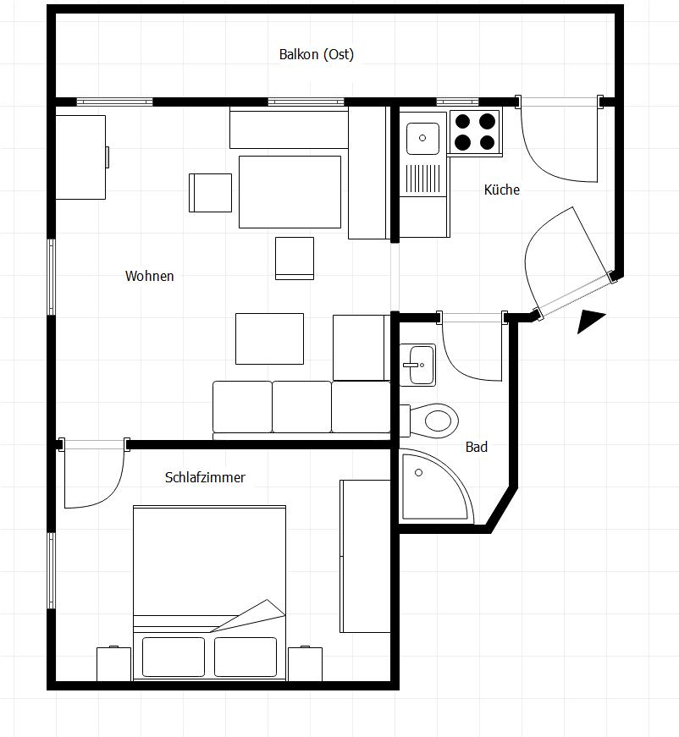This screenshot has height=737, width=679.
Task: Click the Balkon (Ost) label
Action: coord(317,54)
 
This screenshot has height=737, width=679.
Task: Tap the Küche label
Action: coord(502,190)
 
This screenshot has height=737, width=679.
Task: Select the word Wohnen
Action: coord(150,276)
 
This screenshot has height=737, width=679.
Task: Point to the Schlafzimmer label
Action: coord(205,477)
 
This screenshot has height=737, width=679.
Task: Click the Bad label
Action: coord(477,447)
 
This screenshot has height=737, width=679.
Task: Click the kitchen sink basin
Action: coord(422,138)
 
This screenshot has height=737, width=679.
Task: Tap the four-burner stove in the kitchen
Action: coord(476,132)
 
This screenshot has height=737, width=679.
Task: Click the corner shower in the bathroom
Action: coord(436,486)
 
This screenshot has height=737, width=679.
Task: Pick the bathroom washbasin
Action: coord(417,365)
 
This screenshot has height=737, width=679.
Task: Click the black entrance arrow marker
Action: coord(590,321)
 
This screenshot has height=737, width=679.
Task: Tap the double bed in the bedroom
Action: coord(209,592)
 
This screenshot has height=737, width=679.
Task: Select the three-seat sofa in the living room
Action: coord(301,410)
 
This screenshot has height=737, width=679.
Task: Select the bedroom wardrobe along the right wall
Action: coord(365,556)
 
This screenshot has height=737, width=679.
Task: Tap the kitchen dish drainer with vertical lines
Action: coord(423,179)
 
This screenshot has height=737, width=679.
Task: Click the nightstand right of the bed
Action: coord(305,663)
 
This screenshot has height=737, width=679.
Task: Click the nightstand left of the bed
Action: coord(113,663)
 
